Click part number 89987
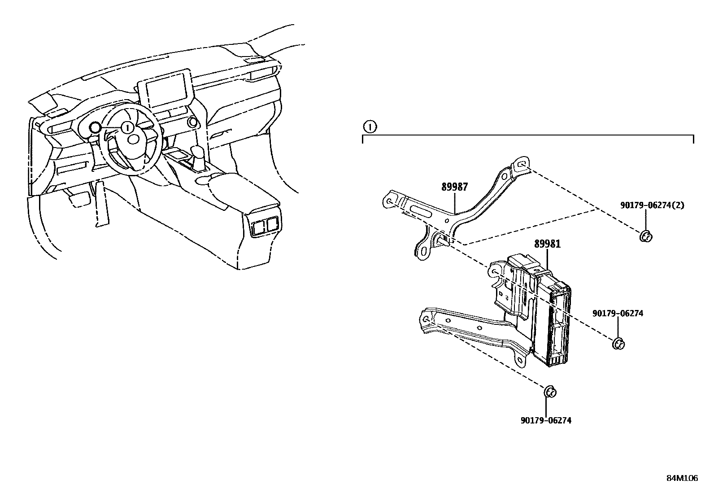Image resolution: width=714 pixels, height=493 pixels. pyautogui.click(x=454, y=187)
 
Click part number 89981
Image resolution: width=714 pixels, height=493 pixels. pyautogui.click(x=547, y=244)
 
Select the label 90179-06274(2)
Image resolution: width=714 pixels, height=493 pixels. pyautogui.click(x=652, y=205)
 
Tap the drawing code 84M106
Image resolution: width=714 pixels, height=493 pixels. pyautogui.click(x=682, y=478)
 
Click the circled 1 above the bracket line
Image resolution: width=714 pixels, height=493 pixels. pyautogui.click(x=370, y=127)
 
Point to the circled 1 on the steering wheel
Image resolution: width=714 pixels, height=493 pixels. pyautogui.click(x=127, y=128)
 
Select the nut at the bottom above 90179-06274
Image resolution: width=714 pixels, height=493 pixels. pyautogui.click(x=549, y=392)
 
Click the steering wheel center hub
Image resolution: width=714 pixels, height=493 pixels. pyautogui.click(x=133, y=139)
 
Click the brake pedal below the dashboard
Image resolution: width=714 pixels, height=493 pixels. pyautogui.click(x=79, y=199)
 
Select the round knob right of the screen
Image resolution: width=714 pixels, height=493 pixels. pyautogui.click(x=192, y=122)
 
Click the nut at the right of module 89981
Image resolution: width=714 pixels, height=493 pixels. pyautogui.click(x=618, y=344)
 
